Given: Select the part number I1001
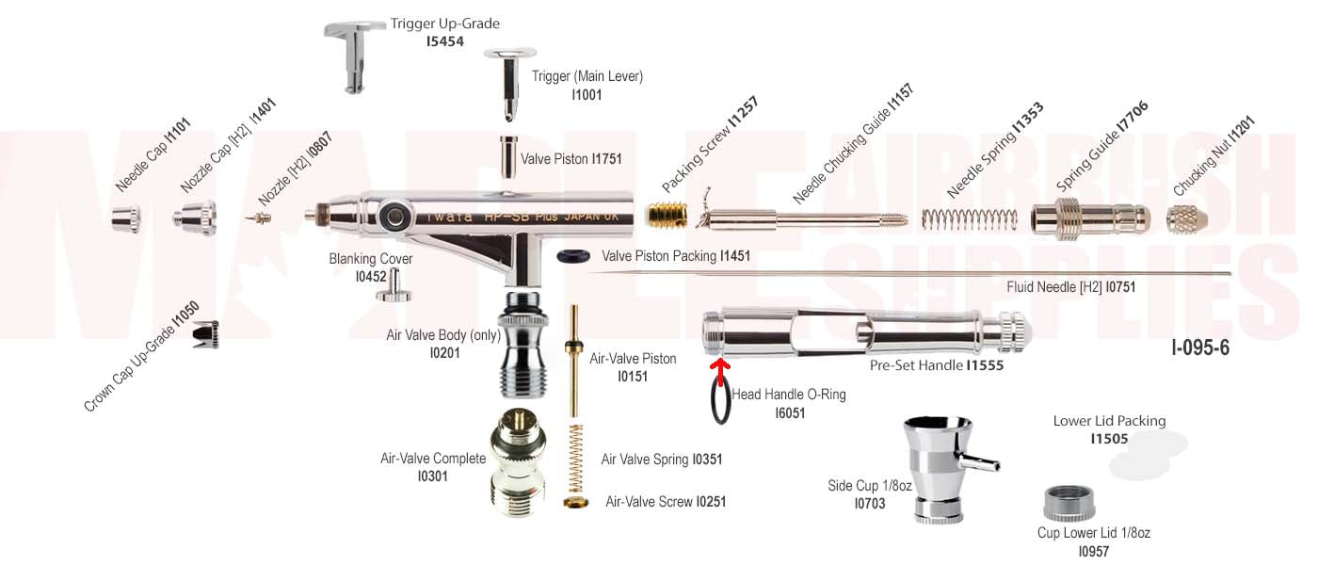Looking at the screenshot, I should (x=587, y=95).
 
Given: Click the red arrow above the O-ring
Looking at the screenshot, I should (x=720, y=370).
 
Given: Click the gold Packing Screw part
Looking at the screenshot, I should (x=663, y=216).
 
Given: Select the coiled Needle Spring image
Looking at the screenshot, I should (x=969, y=219).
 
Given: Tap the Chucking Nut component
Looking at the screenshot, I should (x=1186, y=219).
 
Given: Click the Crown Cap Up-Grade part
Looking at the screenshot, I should (x=205, y=334).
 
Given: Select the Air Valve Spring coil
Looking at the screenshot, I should (x=571, y=458).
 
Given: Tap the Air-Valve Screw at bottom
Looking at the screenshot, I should (x=571, y=501).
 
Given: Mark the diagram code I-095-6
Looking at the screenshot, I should (x=1200, y=347).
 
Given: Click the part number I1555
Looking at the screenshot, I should (x=985, y=365).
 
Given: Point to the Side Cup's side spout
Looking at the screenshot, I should (x=982, y=464).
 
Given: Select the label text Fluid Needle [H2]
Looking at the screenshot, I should (x=1054, y=286).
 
